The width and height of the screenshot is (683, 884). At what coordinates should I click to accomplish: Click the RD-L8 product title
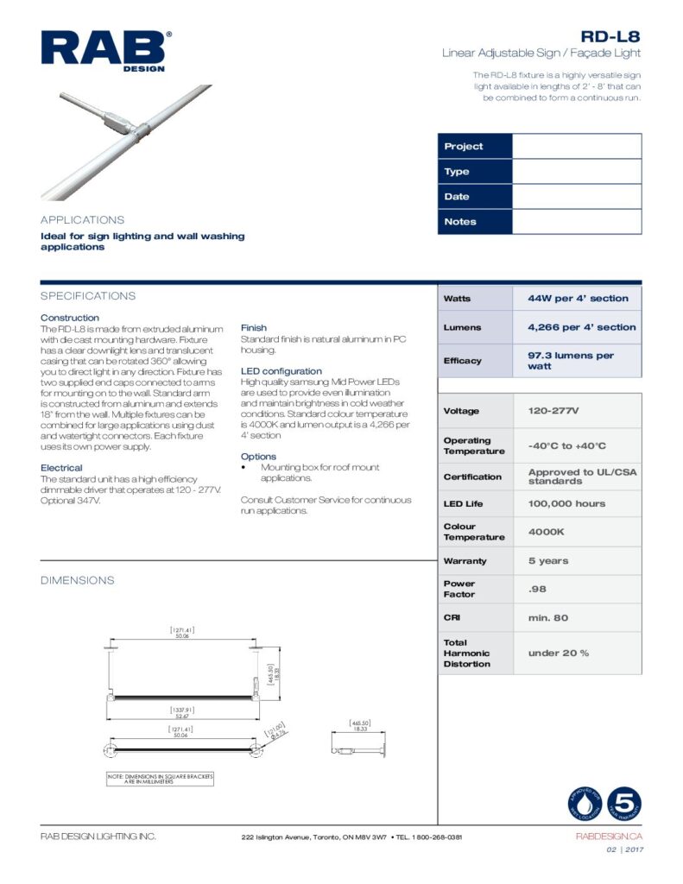pos(610,36)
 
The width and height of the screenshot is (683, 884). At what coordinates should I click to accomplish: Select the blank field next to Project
pos(577,147)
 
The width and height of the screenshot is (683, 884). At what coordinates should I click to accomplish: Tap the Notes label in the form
pos(460,222)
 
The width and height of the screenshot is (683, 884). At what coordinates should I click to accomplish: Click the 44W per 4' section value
pos(578,299)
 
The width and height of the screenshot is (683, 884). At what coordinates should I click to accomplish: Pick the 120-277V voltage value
pos(553,411)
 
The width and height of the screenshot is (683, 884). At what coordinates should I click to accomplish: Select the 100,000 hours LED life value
pos(566,503)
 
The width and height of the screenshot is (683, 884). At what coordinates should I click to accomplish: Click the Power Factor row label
pos(459,589)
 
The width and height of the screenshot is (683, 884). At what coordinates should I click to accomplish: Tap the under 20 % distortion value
pos(559,653)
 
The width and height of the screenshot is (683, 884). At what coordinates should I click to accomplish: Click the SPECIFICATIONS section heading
pos(88,296)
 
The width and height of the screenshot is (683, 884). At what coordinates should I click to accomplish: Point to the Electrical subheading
pos(61,468)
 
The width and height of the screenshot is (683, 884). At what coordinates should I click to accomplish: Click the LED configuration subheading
pos(281,371)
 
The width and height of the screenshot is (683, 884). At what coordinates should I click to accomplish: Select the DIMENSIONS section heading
pos(78,581)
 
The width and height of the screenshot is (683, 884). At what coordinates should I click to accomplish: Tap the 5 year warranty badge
pos(624,804)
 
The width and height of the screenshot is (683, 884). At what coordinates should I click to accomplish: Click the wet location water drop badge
pos(585,804)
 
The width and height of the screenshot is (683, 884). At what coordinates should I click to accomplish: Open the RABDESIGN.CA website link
pos(609,837)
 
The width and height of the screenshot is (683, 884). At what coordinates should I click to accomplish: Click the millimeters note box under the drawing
pos(160,779)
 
